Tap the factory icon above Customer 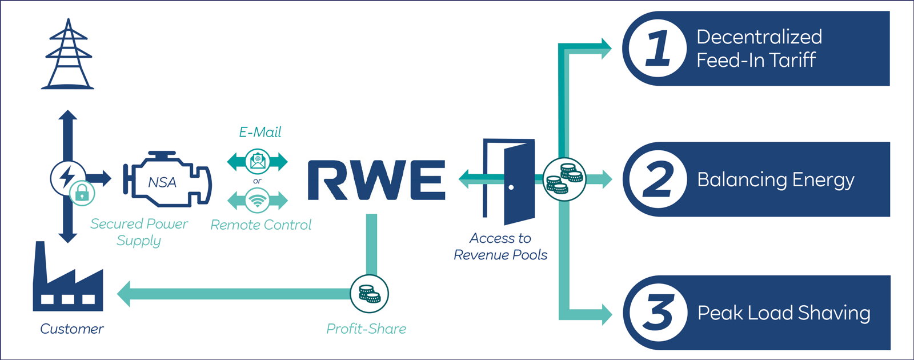[68, 280]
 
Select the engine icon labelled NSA [166, 182]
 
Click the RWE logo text [376, 180]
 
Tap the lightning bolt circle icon [67, 176]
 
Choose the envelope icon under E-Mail [258, 162]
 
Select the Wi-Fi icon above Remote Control [258, 201]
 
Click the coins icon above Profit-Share [369, 294]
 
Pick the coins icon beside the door [564, 179]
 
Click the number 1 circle [658, 49]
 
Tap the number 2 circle [658, 179]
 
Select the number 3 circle [658, 313]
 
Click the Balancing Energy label [775, 180]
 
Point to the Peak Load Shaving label [784, 313]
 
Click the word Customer [72, 329]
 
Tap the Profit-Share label [366, 329]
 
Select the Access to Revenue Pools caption [500, 246]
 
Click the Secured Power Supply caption [139, 232]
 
